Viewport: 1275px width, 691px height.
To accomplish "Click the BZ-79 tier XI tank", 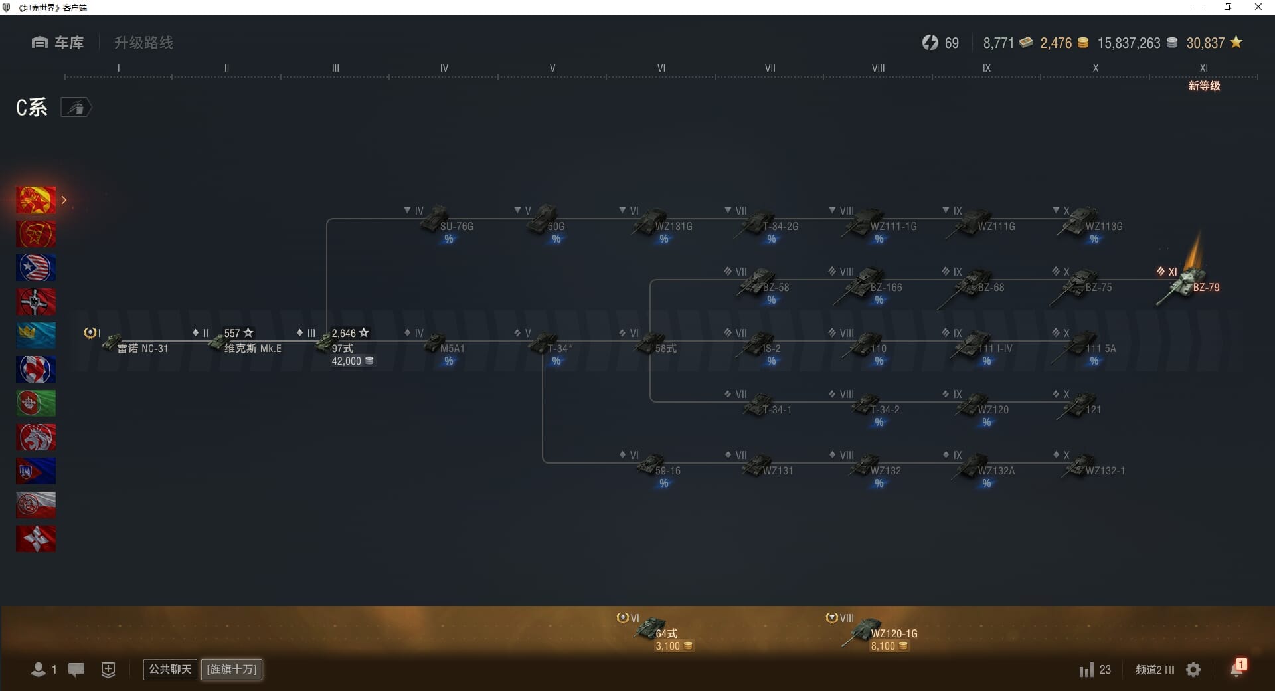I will point(1189,284).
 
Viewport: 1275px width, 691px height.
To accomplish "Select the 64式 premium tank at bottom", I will point(657,630).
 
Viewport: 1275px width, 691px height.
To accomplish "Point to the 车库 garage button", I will point(58,43).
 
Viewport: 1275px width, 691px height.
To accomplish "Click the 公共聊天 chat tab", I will point(170,669).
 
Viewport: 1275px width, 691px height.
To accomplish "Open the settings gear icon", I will point(1193,670).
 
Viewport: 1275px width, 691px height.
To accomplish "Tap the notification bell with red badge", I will point(1237,668).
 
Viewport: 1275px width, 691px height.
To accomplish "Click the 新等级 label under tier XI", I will point(1204,86).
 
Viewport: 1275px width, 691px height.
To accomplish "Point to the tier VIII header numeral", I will point(878,68).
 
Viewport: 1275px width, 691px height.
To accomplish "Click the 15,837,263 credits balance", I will point(1129,43).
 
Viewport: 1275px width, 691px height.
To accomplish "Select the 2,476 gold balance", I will point(1056,43).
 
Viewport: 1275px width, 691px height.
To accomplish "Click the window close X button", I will point(1258,7).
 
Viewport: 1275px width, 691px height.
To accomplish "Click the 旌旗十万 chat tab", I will point(232,669).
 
